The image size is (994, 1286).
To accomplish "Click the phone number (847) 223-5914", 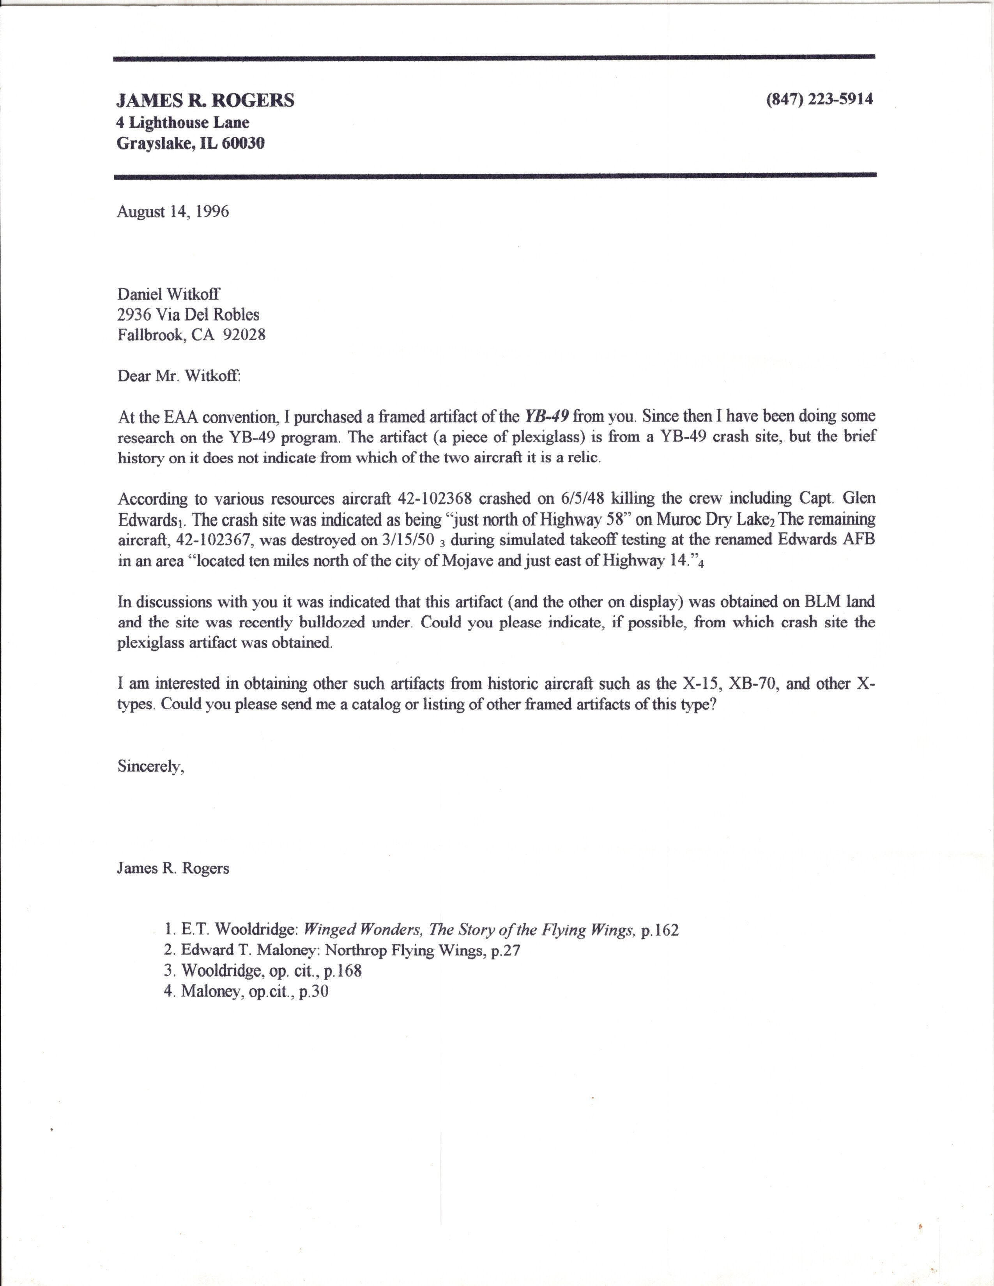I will [x=819, y=99].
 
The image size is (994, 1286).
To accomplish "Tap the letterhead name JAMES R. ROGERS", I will [x=205, y=101].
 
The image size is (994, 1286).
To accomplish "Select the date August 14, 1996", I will [x=173, y=212].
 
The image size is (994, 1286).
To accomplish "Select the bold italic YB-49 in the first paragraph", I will [x=547, y=416].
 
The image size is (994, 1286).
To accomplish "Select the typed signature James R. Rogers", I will [x=173, y=869].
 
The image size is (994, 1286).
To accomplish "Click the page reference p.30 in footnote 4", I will [x=313, y=992].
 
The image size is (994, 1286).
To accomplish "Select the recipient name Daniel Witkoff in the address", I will [x=168, y=294].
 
